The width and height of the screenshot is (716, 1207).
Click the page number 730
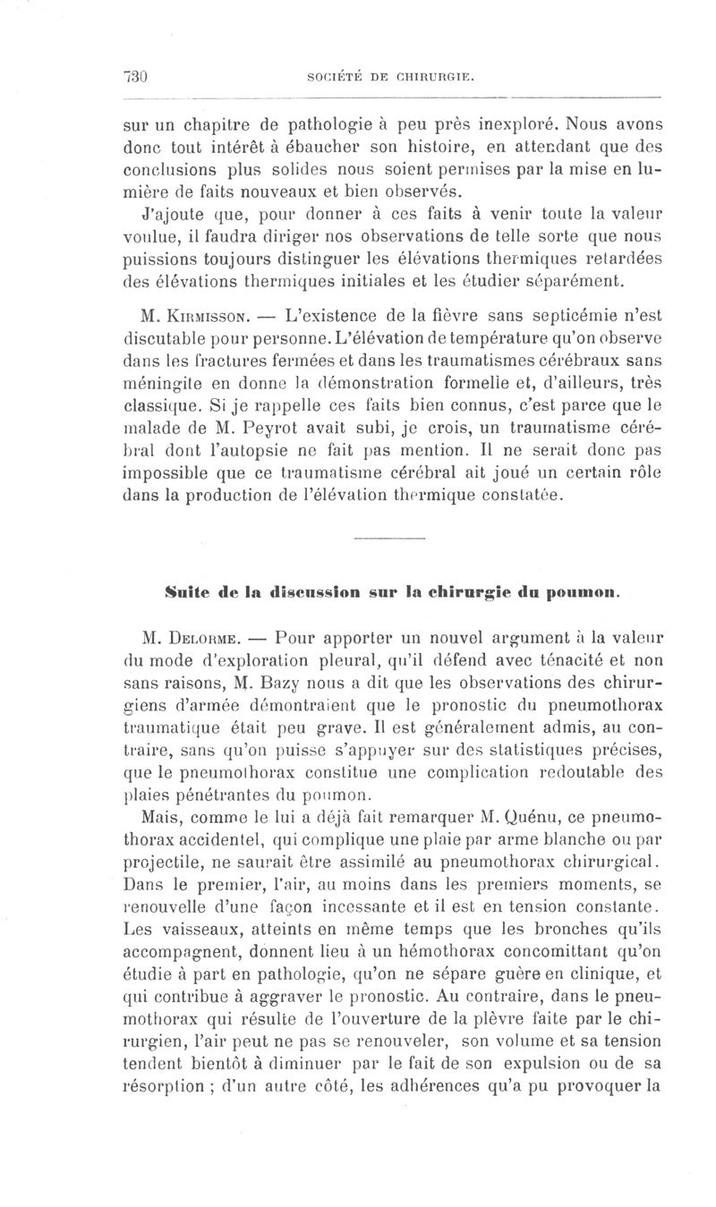pos(134,77)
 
